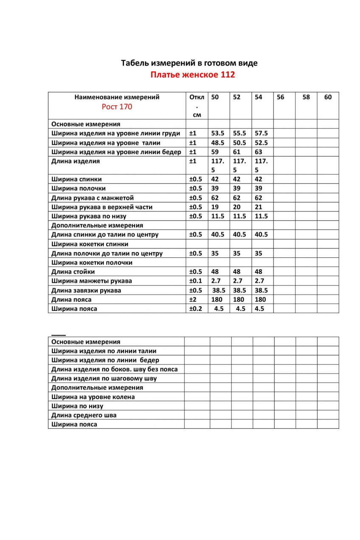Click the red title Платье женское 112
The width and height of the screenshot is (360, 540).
[192, 75]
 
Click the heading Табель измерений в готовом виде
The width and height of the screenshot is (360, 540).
[189, 63]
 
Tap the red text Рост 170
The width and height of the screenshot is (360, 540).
[117, 107]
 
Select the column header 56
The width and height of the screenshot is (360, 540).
[280, 97]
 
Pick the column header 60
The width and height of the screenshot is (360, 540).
[328, 97]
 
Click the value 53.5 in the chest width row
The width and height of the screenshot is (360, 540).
[217, 133]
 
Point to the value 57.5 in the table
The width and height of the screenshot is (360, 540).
[261, 133]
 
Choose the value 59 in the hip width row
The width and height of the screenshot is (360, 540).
[215, 152]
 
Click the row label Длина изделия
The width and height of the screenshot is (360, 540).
[76, 161]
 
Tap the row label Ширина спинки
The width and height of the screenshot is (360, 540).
[76, 179]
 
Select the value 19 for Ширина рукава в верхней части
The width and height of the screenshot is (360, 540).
[215, 207]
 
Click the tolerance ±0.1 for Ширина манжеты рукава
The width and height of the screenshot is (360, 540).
[195, 281]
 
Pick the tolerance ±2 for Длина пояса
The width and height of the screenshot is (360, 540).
[193, 300]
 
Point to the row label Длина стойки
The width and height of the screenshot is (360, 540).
[73, 272]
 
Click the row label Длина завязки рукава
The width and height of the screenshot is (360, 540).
[86, 290]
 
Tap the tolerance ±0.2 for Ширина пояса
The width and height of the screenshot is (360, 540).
[195, 309]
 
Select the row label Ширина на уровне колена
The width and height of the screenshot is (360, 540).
[93, 397]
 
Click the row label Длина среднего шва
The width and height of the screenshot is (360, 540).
[84, 415]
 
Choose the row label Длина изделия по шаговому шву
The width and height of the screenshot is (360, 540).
[104, 378]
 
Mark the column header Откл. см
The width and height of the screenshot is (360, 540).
[197, 106]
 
